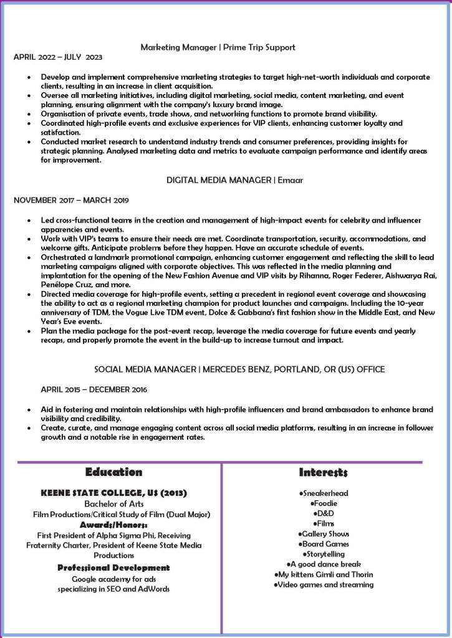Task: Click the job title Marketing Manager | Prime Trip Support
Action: pos(218,47)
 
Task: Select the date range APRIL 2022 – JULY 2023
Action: pos(58,57)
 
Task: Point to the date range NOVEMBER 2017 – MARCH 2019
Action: pos(71,201)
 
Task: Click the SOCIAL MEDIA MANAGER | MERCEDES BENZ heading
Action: pos(239,369)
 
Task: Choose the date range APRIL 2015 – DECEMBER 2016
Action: pos(94,390)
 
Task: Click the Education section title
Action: pos(114,472)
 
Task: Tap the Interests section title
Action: pos(323,472)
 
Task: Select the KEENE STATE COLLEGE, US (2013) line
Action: pos(114,493)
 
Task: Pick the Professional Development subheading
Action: pos(113,568)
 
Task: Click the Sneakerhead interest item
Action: pos(324,493)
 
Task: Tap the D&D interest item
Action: pos(324,513)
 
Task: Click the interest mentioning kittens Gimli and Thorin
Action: pos(324,574)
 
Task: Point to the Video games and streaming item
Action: pos(324,584)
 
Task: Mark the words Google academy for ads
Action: pos(113,579)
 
